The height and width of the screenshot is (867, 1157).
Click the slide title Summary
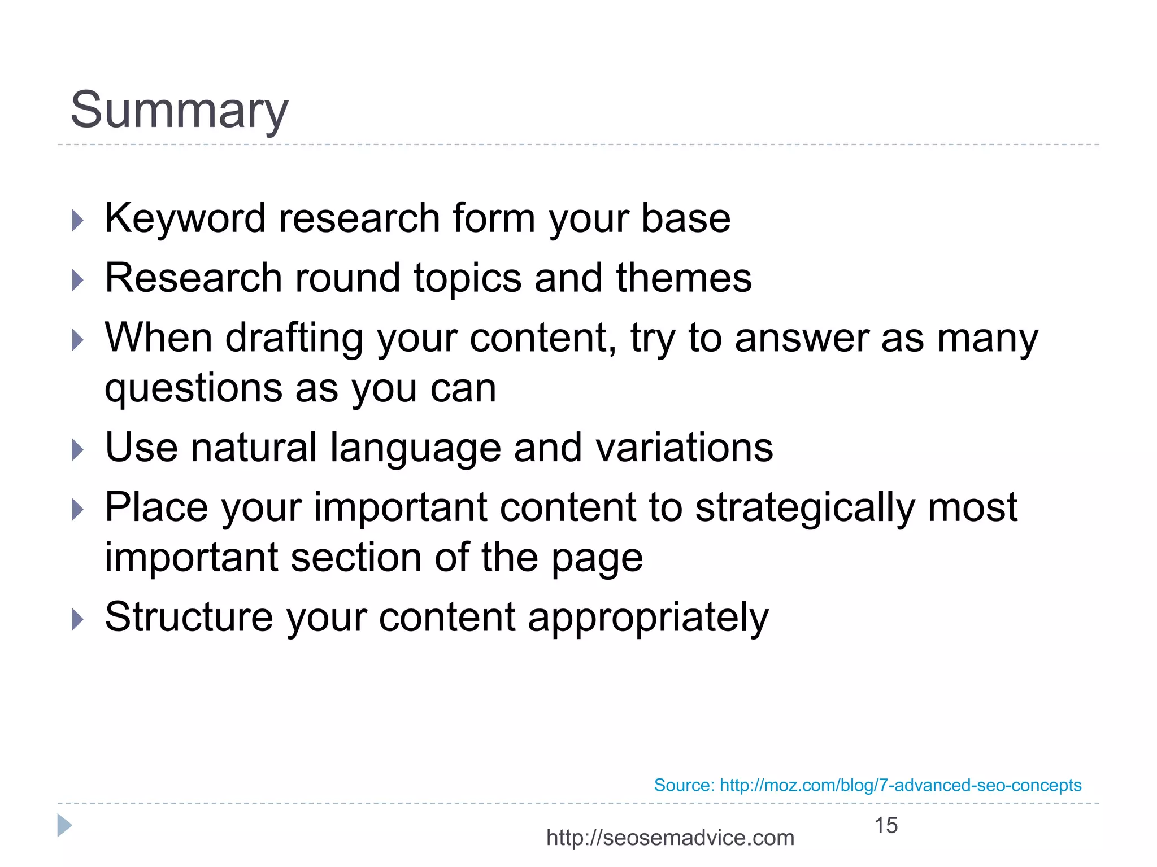pos(179,110)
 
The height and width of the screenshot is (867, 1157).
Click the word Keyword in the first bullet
pos(185,218)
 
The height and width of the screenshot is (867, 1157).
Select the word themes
pos(684,278)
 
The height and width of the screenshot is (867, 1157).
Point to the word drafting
pos(294,338)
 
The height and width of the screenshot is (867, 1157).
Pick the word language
pos(415,448)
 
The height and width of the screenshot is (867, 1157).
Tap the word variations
pos(684,448)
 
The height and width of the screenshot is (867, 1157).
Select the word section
pos(356,558)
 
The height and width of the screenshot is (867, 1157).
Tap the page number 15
pos(885,825)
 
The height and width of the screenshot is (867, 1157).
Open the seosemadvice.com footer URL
pos(670,838)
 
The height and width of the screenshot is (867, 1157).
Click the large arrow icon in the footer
pos(64,826)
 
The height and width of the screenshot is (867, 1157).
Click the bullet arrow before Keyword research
pos(77,221)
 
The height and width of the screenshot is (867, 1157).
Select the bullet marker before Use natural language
pos(77,450)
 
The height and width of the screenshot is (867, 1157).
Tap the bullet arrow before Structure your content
pos(77,619)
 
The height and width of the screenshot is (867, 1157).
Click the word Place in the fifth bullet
pos(156,507)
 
